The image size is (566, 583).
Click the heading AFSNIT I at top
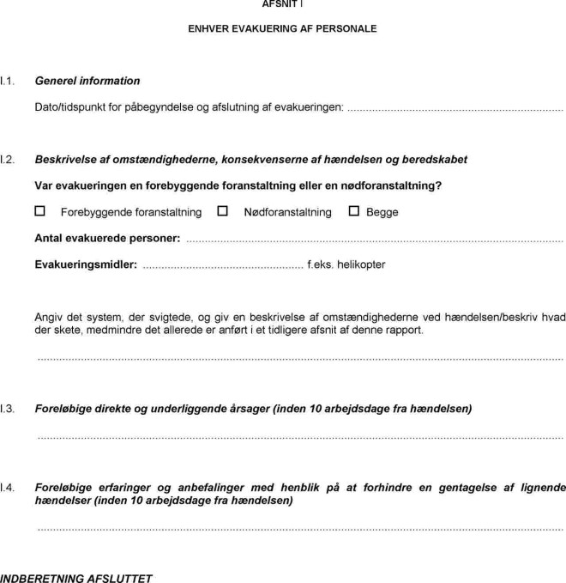281,3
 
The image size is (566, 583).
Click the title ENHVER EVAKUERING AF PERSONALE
282,29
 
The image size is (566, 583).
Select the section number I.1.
8,81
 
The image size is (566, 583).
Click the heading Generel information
87,81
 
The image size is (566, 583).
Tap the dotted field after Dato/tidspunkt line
455,108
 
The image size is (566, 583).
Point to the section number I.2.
8,160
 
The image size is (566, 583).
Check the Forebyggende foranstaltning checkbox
39,211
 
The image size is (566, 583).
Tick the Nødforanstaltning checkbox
223,211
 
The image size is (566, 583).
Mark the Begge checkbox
354,211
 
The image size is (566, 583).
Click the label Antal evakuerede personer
107,238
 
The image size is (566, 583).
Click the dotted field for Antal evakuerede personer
374,239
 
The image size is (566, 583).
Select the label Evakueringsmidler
85,264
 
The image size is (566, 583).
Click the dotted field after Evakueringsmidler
222,265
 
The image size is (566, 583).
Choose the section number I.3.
8,409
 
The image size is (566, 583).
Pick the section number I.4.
8,488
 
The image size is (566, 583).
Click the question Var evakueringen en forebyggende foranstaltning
239,185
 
